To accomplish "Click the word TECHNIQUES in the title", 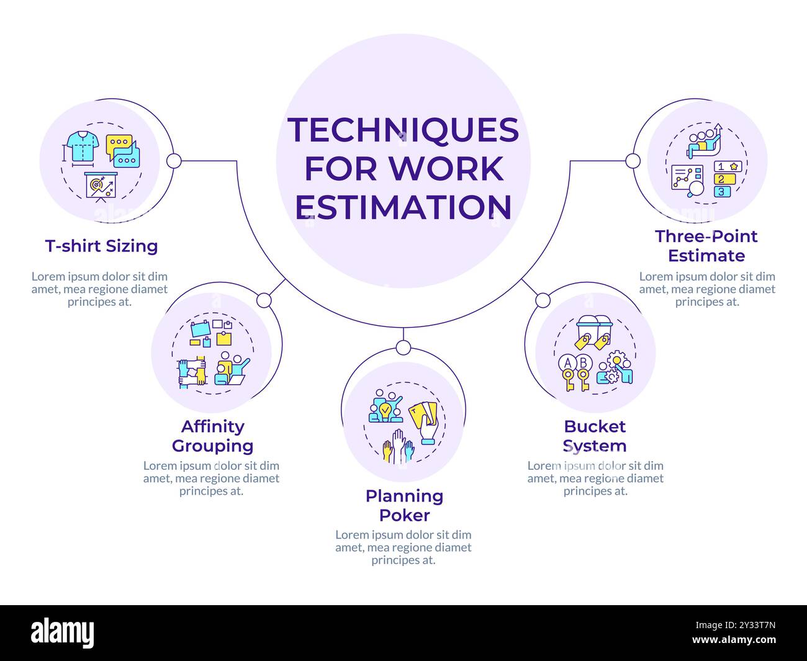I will click(x=403, y=130).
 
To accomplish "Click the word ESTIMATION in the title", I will click(x=403, y=207).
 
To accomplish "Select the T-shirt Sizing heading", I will click(x=101, y=246).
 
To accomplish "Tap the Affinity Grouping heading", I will click(x=212, y=436).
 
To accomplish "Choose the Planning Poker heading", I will click(x=404, y=505).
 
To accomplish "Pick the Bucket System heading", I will click(x=595, y=436).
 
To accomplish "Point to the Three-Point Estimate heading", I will click(x=706, y=246).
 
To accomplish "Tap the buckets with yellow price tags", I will click(x=593, y=332).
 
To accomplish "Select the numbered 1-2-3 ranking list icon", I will click(x=723, y=179).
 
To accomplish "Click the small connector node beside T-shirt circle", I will click(x=174, y=161).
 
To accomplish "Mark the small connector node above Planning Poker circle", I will click(x=403, y=348).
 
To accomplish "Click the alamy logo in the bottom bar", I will click(x=62, y=633).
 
